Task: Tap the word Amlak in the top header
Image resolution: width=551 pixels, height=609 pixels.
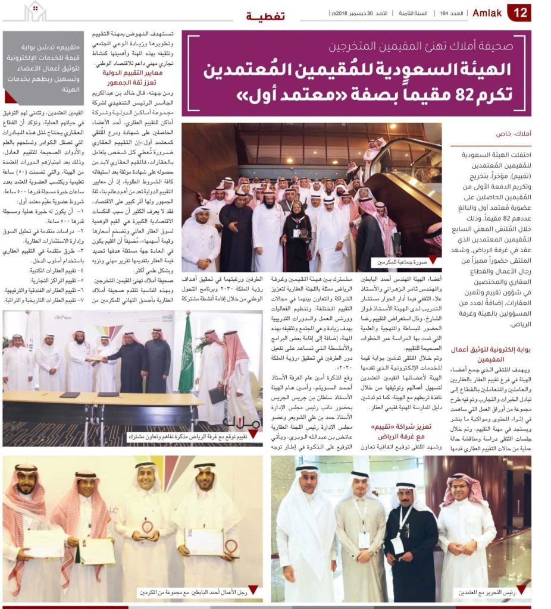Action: (487, 12)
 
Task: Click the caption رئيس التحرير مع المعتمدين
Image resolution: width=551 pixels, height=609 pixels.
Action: (484, 593)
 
